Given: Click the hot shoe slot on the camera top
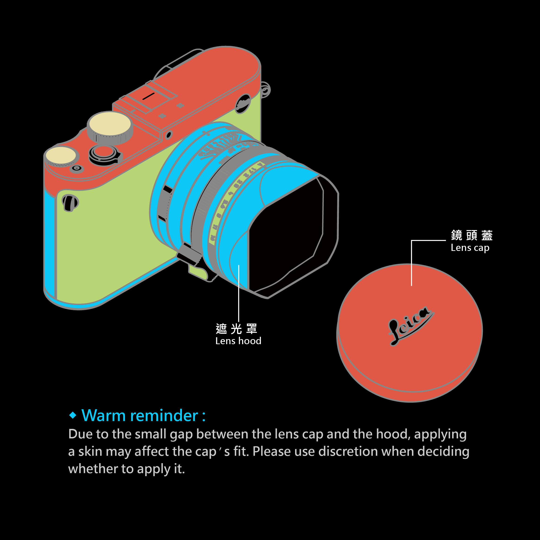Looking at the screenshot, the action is (148, 96).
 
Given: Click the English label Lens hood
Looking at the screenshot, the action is (238, 341).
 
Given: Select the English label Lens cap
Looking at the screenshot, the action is (470, 248).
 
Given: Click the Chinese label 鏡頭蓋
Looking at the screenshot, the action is (472, 235).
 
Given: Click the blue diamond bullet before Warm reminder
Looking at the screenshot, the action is (73, 415).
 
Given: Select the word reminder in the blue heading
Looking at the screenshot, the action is (164, 416).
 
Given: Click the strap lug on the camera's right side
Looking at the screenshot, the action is (265, 89).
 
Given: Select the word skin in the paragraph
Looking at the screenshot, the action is (90, 451).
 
